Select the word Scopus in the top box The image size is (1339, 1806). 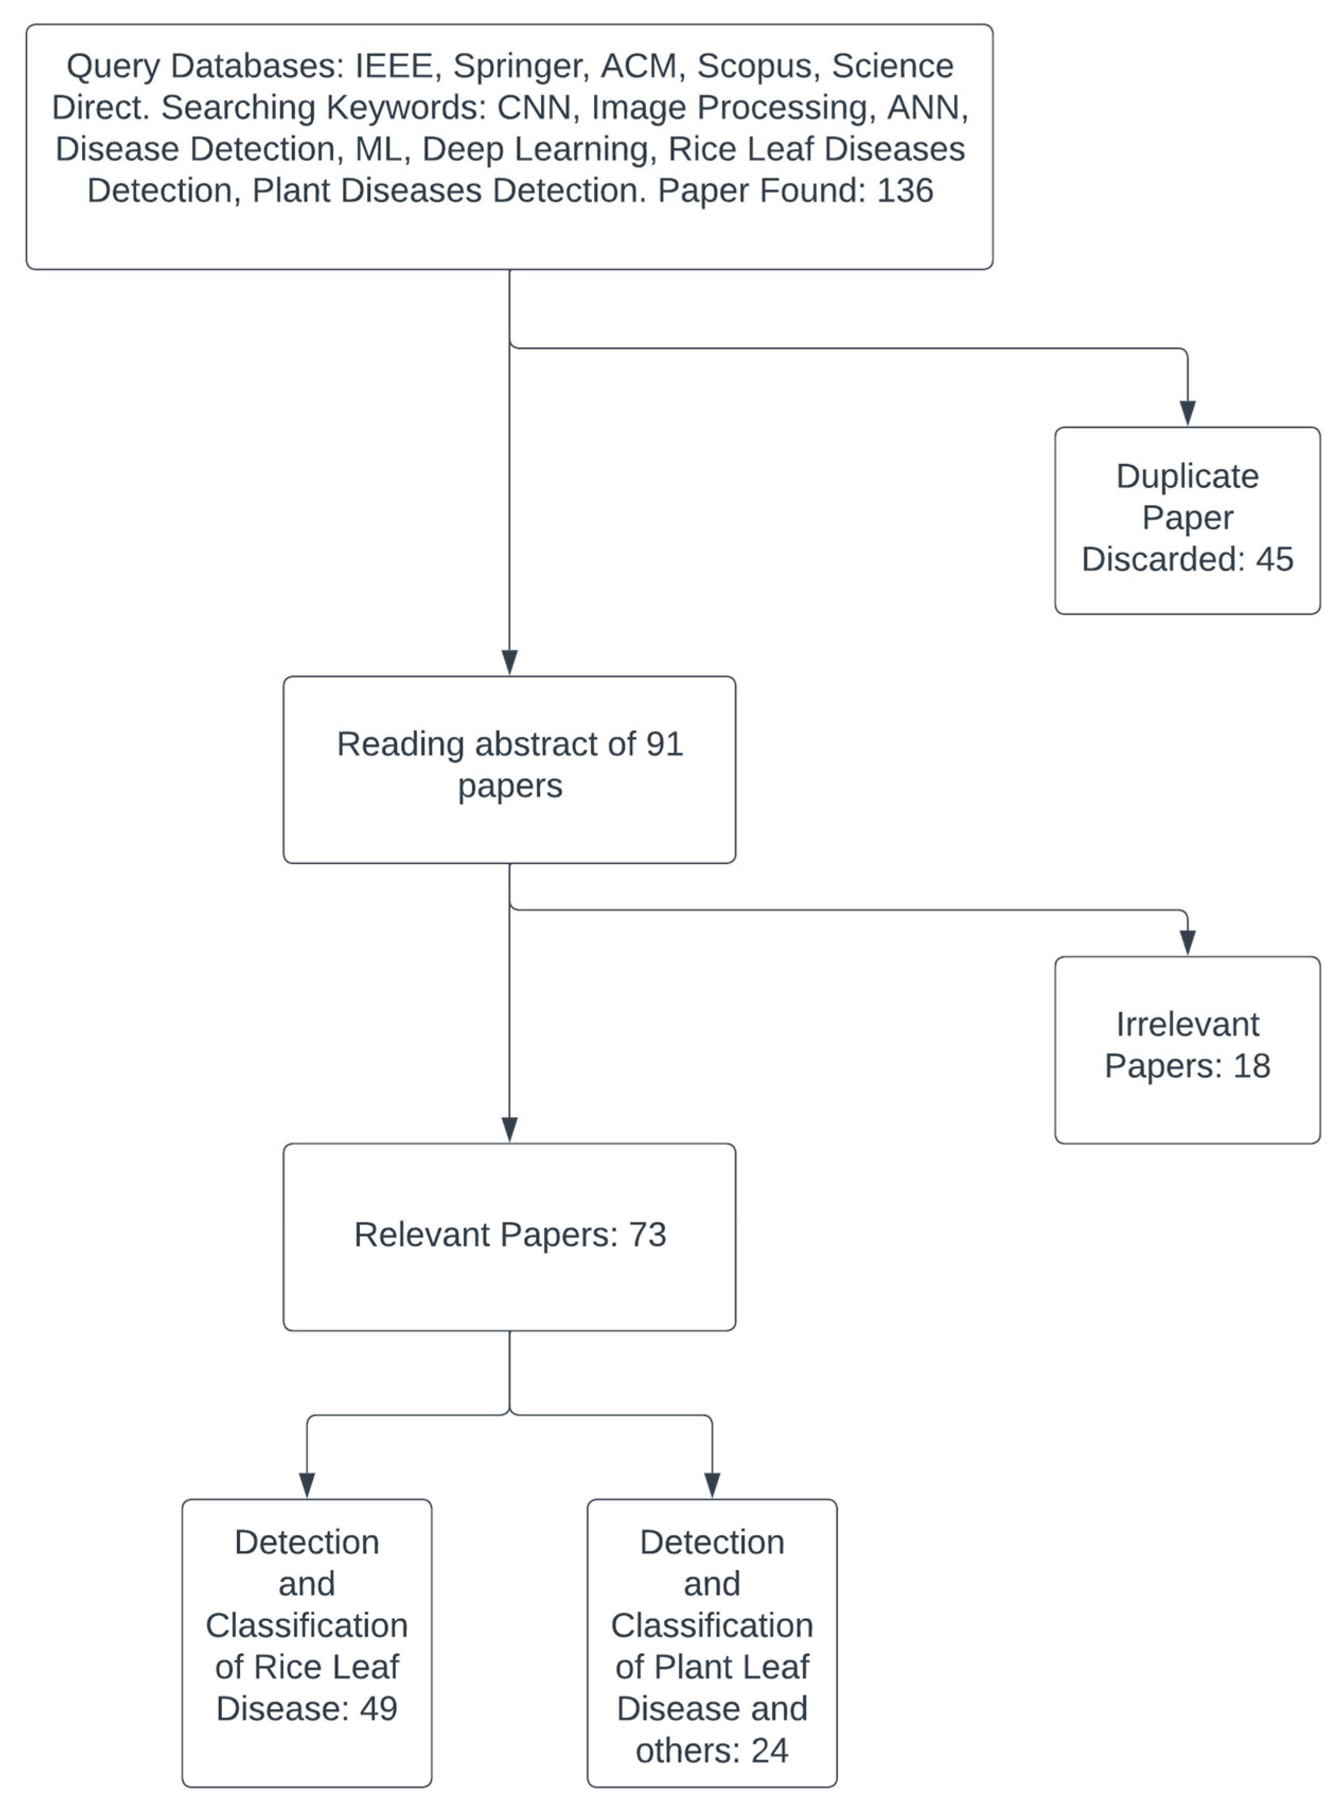click(x=754, y=66)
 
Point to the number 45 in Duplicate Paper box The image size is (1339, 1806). click(x=1274, y=559)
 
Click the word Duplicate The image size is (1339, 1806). click(x=1187, y=476)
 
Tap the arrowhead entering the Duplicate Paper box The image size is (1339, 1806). click(x=1187, y=413)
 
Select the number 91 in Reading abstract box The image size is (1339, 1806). click(x=664, y=744)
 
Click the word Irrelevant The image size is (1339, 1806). click(x=1187, y=1024)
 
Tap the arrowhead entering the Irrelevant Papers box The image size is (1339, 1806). click(x=1187, y=942)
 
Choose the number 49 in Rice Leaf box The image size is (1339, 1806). click(x=378, y=1708)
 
